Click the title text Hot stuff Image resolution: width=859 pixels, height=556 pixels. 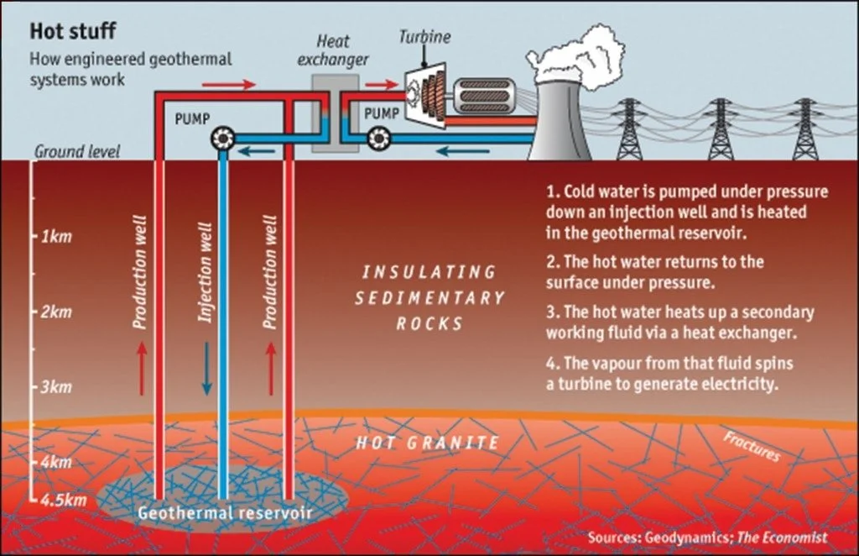(73, 32)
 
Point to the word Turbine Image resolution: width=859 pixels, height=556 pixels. (424, 37)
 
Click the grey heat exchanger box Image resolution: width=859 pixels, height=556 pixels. (330, 111)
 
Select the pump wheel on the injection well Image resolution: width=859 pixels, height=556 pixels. (223, 137)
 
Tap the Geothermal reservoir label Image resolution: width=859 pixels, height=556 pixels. (224, 511)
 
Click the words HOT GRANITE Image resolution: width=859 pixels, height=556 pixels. (428, 442)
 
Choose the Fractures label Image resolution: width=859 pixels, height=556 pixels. (751, 447)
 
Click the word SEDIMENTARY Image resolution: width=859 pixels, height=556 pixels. (429, 298)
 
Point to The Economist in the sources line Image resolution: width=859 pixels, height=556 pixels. (782, 537)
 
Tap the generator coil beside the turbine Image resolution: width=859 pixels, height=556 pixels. (482, 95)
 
